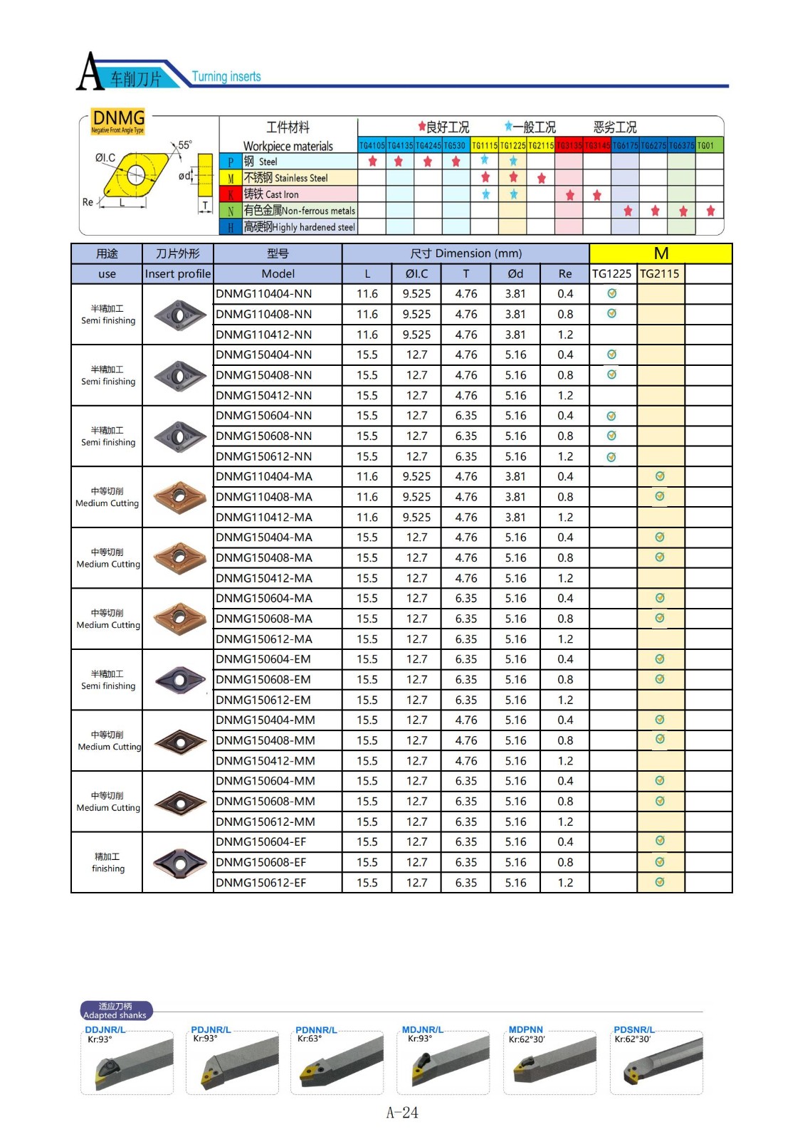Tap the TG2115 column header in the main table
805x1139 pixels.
point(660,274)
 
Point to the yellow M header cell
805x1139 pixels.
point(661,253)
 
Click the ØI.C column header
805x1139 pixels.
point(416,274)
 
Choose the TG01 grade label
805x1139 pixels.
point(705,145)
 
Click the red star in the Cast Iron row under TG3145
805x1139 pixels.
point(597,195)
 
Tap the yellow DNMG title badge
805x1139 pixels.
point(118,120)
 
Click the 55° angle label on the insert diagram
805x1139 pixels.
point(185,145)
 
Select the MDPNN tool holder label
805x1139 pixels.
point(526,1029)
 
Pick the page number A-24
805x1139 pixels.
point(402,1113)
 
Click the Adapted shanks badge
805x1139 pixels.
point(115,1011)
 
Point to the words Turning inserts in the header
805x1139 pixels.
point(226,77)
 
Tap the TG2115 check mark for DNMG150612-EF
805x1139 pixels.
point(660,883)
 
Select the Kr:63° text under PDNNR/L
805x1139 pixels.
point(310,1039)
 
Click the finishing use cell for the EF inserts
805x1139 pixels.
point(107,862)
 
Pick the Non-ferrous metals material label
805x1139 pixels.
point(299,211)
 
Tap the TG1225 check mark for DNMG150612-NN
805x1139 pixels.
point(611,457)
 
